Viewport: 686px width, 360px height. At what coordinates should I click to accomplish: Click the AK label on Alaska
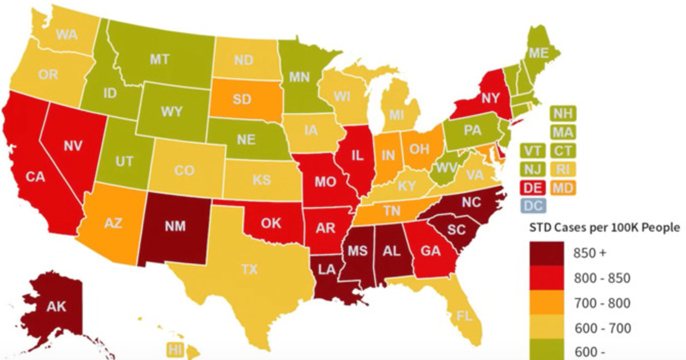coord(56,307)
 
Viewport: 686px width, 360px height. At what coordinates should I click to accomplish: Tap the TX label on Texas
coord(249,270)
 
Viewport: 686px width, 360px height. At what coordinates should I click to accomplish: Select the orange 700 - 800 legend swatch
coord(543,302)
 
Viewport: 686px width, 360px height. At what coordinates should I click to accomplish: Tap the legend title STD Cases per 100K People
coord(603,227)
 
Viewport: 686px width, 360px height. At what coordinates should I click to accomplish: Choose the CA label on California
coord(35,177)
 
